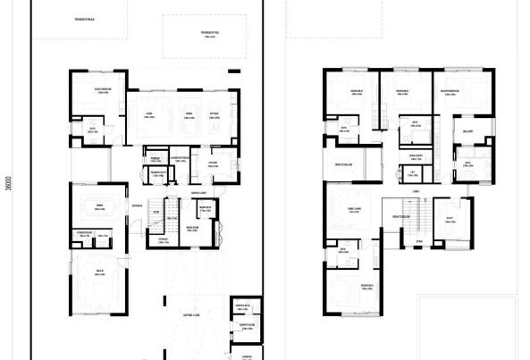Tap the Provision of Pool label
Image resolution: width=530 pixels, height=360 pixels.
tap(210, 35)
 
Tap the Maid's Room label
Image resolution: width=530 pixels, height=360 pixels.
tap(190, 227)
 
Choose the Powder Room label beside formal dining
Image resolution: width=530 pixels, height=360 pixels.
tap(86, 235)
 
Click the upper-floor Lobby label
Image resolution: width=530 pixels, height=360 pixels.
tap(416, 190)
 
